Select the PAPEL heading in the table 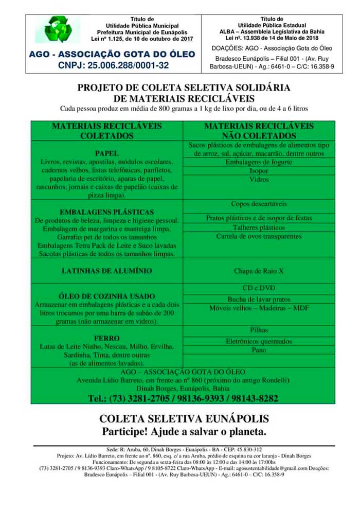(x=107, y=153)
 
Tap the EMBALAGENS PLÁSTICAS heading (x=107, y=212)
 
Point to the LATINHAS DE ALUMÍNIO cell (x=107, y=271)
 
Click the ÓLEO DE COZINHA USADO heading (x=107, y=296)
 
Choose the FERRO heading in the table (x=107, y=338)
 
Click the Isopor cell (x=259, y=171)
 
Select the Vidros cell (x=259, y=180)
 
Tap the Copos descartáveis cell (x=259, y=204)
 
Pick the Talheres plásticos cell (x=259, y=227)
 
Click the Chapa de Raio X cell (x=259, y=271)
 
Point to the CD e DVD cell (x=259, y=288)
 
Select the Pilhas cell (x=259, y=330)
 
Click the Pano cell (x=259, y=350)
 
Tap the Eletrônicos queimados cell (x=259, y=341)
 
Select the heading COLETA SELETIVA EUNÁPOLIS (x=184, y=418)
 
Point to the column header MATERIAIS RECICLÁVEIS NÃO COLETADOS (x=259, y=131)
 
